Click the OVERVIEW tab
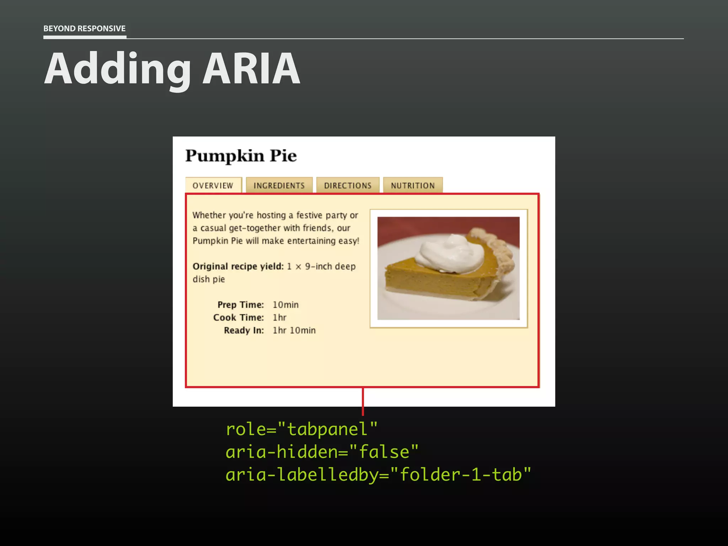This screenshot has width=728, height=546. tap(213, 185)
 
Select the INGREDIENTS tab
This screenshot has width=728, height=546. tap(279, 185)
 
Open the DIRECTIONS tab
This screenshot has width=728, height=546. tap(348, 185)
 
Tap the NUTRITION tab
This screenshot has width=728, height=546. tap(413, 185)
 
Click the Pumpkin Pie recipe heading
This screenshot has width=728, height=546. tap(241, 156)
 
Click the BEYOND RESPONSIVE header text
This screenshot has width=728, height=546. tap(84, 28)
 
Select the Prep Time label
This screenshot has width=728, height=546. tap(241, 305)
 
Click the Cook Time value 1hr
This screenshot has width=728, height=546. tap(279, 317)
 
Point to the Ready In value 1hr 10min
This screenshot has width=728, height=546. tap(294, 330)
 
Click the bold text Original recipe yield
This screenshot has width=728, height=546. tap(238, 266)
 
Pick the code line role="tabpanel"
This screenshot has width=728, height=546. tap(301, 429)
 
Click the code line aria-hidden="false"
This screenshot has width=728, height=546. tap(322, 452)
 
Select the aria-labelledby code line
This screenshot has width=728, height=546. tap(378, 475)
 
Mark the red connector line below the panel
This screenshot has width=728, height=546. tap(363, 402)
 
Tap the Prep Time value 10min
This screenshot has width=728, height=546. tap(285, 305)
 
